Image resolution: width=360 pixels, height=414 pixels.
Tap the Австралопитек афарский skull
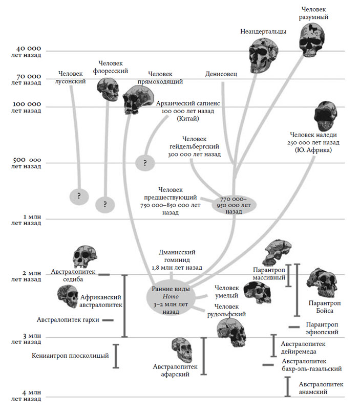coord(184,350)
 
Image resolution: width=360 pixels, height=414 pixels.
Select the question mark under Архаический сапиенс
coord(145,163)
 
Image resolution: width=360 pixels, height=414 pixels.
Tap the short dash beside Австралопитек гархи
coord(108,320)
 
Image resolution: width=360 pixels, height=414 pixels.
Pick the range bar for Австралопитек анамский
coord(287,386)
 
